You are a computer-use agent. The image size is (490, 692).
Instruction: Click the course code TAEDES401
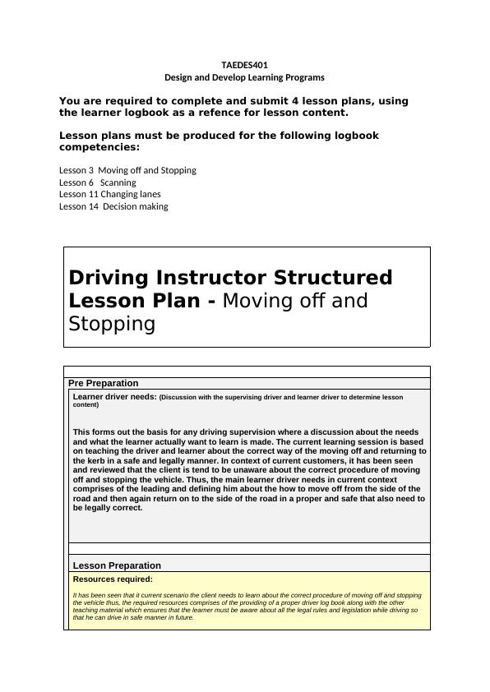pyautogui.click(x=244, y=65)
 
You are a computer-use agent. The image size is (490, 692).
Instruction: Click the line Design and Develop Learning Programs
pyautogui.click(x=244, y=77)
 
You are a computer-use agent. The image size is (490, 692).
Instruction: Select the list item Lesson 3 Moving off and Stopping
pyautogui.click(x=127, y=170)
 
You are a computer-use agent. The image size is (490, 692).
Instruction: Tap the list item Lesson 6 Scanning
pyautogui.click(x=98, y=182)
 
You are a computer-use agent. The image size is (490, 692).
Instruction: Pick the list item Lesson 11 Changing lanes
pyautogui.click(x=110, y=194)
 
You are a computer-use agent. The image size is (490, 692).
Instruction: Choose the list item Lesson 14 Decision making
pyautogui.click(x=113, y=206)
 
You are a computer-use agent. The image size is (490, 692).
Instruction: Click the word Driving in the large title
pyautogui.click(x=109, y=278)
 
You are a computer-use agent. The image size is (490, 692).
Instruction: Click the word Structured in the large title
pyautogui.click(x=335, y=278)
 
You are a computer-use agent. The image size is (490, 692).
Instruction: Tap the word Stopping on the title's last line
pyautogui.click(x=112, y=324)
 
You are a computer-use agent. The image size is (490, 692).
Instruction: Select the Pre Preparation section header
pyautogui.click(x=103, y=383)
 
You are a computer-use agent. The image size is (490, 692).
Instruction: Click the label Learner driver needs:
pyautogui.click(x=113, y=397)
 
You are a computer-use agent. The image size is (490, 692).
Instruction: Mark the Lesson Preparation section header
pyautogui.click(x=117, y=565)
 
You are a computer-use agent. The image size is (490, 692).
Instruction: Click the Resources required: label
pyautogui.click(x=113, y=579)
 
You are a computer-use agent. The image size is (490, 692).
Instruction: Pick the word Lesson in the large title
pyautogui.click(x=105, y=301)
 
